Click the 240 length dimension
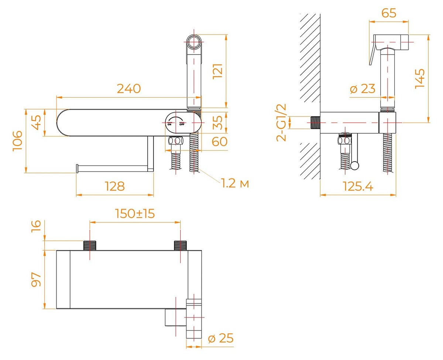129,89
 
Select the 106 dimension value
18,141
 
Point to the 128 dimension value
114,186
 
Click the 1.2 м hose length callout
235,183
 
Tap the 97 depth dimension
36,279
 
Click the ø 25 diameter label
221,338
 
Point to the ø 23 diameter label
362,89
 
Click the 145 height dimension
420,78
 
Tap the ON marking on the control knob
169,124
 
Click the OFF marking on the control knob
182,124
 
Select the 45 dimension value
36,122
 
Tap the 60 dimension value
220,141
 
